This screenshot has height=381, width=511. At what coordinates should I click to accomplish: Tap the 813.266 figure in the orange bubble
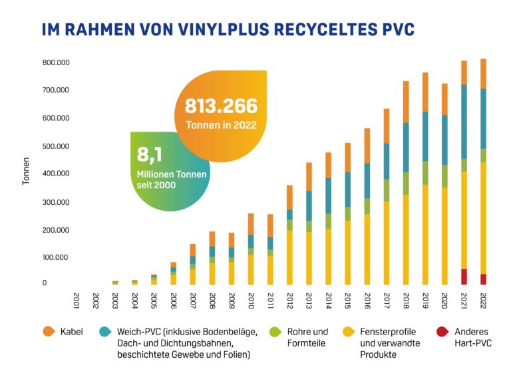pyautogui.click(x=220, y=106)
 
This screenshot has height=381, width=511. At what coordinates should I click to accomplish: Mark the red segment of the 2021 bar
pyautogui.click(x=464, y=277)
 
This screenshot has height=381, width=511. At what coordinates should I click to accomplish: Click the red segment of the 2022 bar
pyautogui.click(x=483, y=279)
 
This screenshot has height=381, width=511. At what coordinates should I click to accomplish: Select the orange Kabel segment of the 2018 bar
pyautogui.click(x=406, y=102)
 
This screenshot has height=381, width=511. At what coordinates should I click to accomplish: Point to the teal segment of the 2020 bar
pyautogui.click(x=444, y=140)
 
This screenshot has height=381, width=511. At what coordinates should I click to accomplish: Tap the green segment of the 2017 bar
pyautogui.click(x=387, y=190)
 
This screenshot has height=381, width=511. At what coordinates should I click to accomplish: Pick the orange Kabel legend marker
pyautogui.click(x=48, y=332)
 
